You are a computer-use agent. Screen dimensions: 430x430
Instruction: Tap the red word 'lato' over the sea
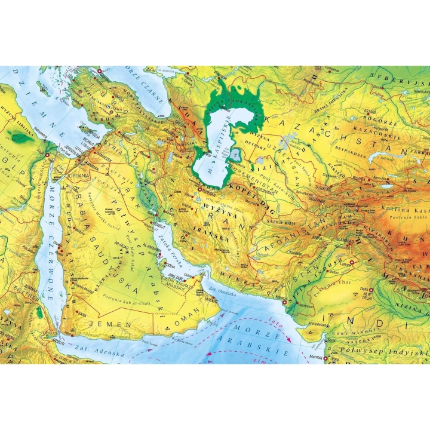(277, 320)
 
